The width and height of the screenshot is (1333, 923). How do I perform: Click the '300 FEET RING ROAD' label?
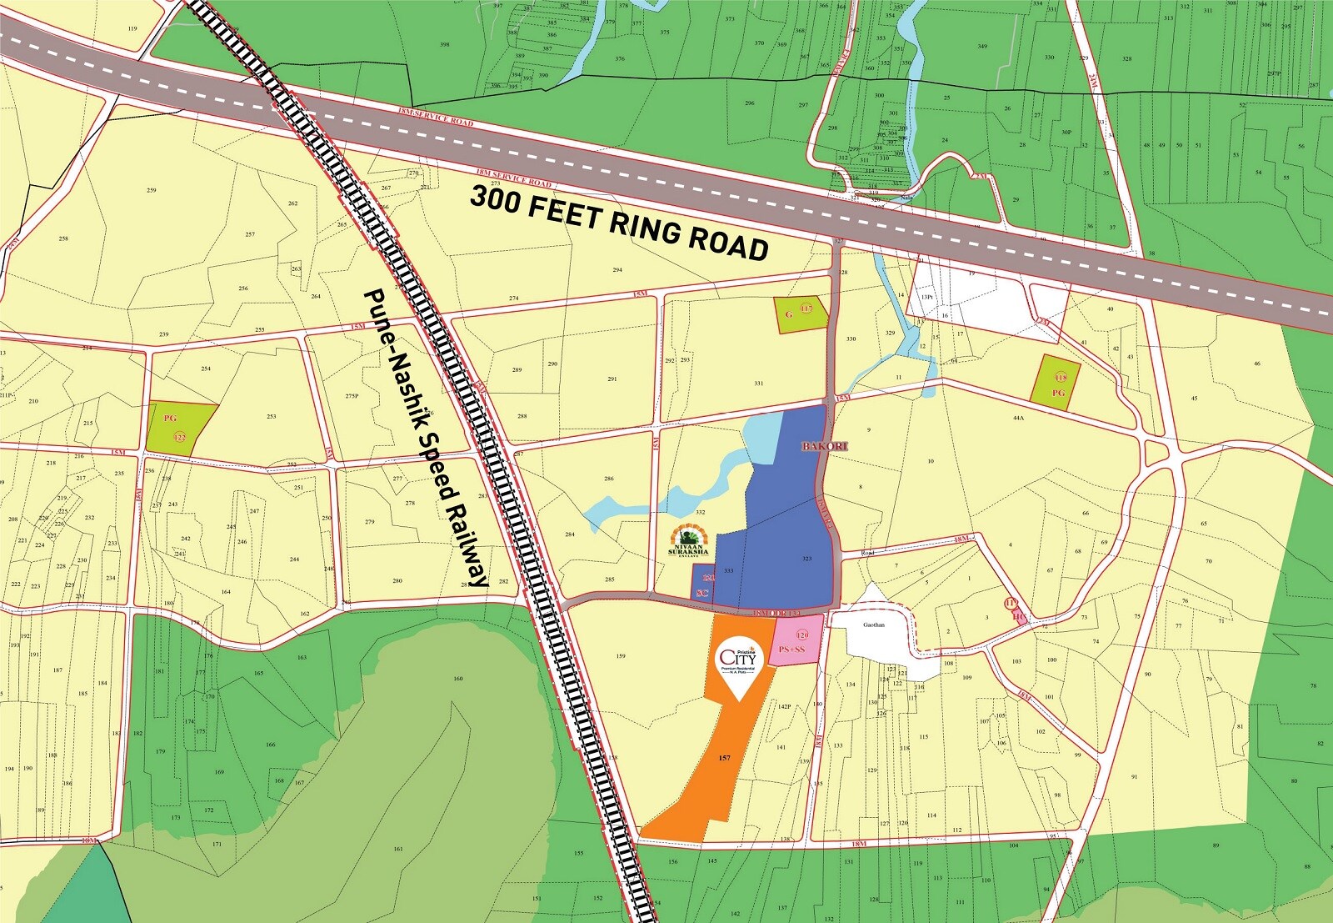point(619,223)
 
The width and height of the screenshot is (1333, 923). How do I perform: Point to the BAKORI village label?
point(824,446)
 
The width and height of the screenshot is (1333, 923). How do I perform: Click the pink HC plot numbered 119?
point(1015,609)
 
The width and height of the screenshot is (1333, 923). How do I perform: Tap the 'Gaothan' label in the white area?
point(873,625)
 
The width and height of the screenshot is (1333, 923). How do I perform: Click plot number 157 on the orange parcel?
point(724,758)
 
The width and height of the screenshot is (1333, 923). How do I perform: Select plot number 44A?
point(1017,417)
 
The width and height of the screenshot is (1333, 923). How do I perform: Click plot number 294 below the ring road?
point(617,270)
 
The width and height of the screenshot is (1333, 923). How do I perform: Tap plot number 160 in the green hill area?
point(457,679)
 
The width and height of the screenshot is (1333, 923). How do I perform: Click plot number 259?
point(152,190)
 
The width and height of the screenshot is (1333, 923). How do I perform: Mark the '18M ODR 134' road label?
point(776,614)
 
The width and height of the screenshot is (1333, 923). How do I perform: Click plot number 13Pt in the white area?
point(926,298)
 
